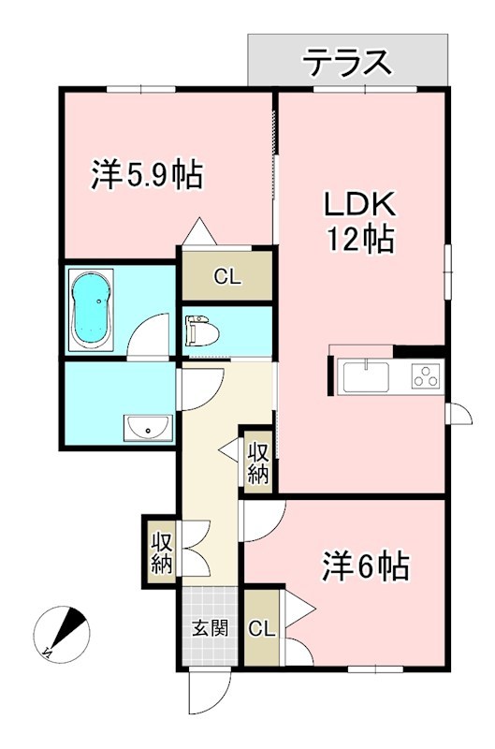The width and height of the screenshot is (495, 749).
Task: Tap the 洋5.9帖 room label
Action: click(147, 174)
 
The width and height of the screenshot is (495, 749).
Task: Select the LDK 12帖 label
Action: click(360, 221)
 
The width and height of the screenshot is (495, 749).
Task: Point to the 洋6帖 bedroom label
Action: click(367, 565)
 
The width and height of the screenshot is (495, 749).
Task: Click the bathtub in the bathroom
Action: click(92, 309)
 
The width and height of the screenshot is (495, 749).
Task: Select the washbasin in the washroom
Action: click(147, 429)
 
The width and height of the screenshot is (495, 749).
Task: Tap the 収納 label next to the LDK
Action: click(258, 461)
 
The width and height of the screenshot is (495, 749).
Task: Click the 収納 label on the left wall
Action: click(161, 551)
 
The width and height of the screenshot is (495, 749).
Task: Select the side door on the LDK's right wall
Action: click(459, 412)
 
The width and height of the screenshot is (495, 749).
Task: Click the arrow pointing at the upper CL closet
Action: click(197, 230)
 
